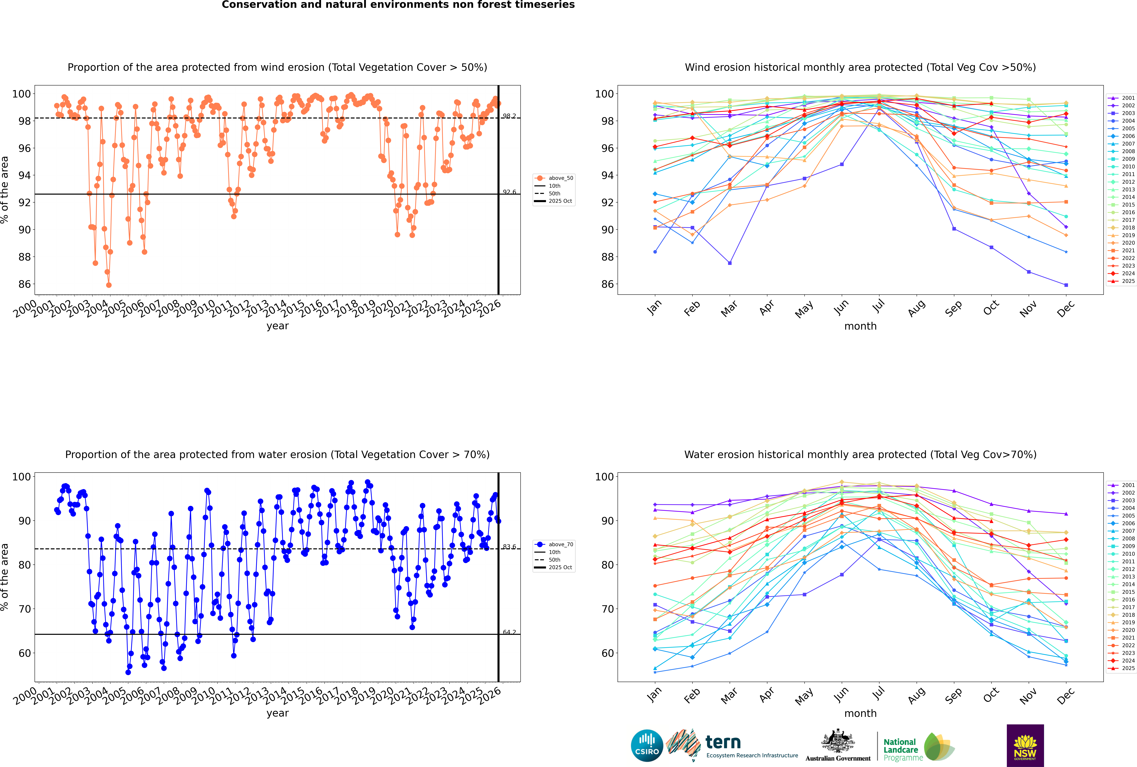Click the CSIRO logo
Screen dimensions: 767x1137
[647, 746]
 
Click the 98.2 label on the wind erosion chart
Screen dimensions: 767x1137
[509, 116]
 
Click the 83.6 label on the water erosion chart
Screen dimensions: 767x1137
[509, 547]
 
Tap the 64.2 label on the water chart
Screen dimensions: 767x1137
[509, 632]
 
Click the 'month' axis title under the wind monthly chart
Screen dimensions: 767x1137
[860, 326]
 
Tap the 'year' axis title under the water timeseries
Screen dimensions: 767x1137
[278, 713]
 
